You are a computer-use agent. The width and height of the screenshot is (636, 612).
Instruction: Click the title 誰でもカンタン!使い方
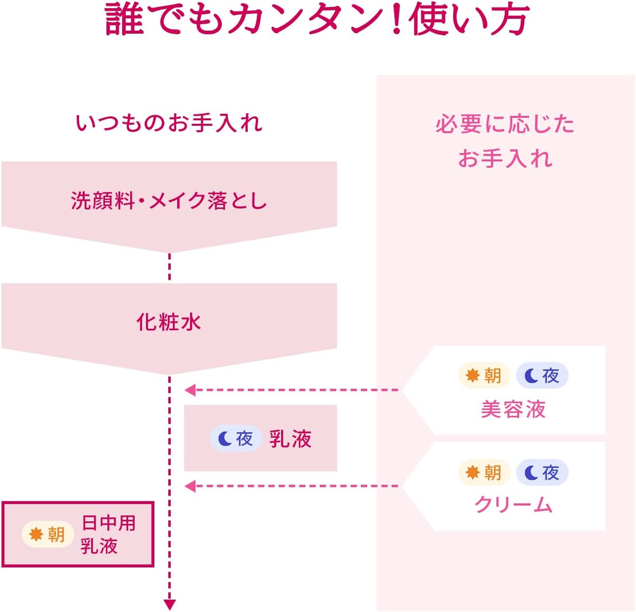click(x=317, y=20)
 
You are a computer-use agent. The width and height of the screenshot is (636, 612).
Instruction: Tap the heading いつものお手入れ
click(x=169, y=123)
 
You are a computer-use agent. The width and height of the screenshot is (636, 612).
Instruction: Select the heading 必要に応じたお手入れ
click(x=505, y=141)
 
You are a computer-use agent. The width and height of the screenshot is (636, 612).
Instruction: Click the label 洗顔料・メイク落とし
click(x=169, y=201)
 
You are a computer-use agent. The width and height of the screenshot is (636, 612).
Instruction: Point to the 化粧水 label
click(x=169, y=322)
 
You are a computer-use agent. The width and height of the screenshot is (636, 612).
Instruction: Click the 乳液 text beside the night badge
click(x=291, y=439)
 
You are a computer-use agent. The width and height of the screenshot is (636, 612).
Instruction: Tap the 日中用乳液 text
click(x=108, y=534)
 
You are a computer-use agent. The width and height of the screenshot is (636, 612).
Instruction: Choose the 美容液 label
click(x=513, y=409)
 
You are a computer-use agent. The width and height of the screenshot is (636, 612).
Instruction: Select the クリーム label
click(x=513, y=505)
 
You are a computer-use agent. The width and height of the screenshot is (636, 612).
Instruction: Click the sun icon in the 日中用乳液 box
click(x=36, y=534)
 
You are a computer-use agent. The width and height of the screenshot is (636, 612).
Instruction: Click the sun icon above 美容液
click(x=473, y=375)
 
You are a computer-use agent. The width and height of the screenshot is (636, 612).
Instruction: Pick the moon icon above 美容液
click(x=531, y=376)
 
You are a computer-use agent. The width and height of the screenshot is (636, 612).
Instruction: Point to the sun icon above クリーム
click(x=473, y=472)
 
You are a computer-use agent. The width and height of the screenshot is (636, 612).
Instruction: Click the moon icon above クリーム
click(x=531, y=473)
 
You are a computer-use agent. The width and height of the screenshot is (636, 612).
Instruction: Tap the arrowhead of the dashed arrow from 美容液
click(x=190, y=390)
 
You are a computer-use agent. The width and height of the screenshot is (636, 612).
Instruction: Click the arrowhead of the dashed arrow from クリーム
click(x=190, y=486)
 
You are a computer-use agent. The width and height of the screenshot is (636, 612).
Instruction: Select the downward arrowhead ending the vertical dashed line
click(x=170, y=604)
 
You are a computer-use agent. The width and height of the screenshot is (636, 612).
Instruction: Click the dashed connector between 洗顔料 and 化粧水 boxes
click(x=170, y=267)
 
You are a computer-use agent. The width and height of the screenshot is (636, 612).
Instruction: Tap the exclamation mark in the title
click(x=396, y=20)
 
